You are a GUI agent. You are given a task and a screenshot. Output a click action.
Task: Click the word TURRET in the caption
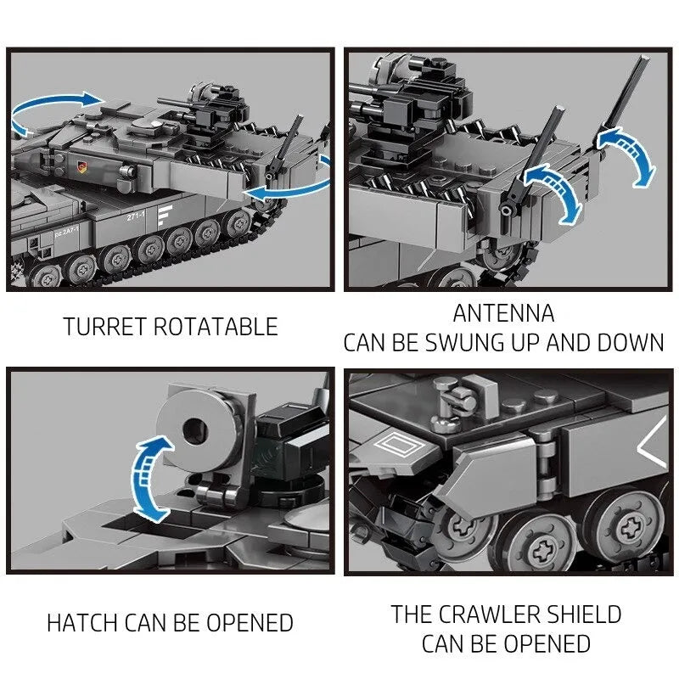click(x=104, y=327)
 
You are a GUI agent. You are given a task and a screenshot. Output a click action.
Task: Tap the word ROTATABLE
click(x=216, y=327)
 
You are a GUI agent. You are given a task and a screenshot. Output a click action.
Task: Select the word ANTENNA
click(x=503, y=313)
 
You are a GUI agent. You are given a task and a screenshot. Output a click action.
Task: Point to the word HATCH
click(x=82, y=623)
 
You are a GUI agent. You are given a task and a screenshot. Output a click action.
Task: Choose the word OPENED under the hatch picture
click(x=250, y=623)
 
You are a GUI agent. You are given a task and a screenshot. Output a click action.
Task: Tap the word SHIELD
click(x=584, y=614)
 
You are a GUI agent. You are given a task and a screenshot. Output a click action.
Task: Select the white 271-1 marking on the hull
click(x=136, y=216)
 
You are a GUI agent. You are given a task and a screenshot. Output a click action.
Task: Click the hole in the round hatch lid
click(x=195, y=431)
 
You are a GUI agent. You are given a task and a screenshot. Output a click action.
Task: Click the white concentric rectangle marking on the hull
click(x=397, y=444)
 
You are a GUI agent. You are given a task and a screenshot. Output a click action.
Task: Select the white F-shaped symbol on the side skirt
click(x=164, y=216)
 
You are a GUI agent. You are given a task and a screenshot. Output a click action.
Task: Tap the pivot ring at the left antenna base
click(x=506, y=210)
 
